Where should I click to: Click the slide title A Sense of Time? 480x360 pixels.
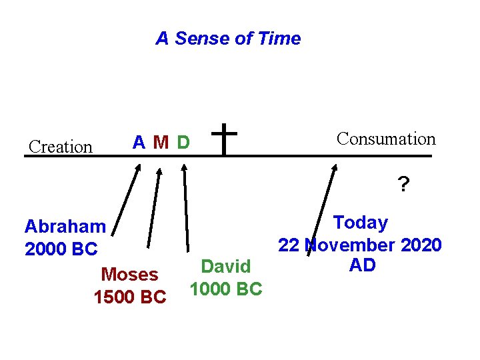tap(228, 39)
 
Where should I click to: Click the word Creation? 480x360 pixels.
tap(61, 147)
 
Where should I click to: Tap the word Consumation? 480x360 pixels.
tap(386, 139)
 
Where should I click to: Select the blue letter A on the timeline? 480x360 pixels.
tap(139, 142)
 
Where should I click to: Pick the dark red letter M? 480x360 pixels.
tap(160, 143)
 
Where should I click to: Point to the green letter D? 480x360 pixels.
tap(183, 143)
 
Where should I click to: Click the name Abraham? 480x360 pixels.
tap(65, 227)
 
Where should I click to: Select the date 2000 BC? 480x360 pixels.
tap(61, 249)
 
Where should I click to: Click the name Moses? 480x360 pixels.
tap(129, 275)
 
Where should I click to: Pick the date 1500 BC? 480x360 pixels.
tap(130, 297)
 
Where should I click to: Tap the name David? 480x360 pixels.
tap(226, 267)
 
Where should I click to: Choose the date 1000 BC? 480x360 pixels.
tap(226, 289)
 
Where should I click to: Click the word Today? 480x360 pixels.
tap(360, 223)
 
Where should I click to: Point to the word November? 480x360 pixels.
tap(350, 245)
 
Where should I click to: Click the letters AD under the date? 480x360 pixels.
tap(362, 265)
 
